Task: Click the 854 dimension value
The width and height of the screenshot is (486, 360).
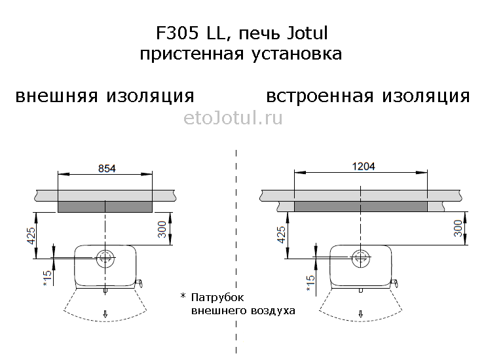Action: pyautogui.click(x=107, y=168)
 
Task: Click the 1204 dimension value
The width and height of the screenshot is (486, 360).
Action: pyautogui.click(x=364, y=166)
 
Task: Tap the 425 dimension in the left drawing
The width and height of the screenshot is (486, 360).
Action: pyautogui.click(x=32, y=236)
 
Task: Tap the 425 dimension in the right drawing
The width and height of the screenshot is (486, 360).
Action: pyautogui.click(x=281, y=234)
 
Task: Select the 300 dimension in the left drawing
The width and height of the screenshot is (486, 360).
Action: pyautogui.click(x=162, y=229)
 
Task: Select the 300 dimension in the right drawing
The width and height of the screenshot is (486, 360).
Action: pyautogui.click(x=458, y=228)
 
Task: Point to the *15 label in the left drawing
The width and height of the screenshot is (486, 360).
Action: pyautogui.click(x=47, y=278)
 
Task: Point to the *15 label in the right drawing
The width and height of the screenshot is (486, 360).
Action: pyautogui.click(x=310, y=283)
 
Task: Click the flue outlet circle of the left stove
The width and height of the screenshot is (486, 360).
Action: pyautogui.click(x=105, y=249)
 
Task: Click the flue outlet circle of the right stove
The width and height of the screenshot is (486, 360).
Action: pyautogui.click(x=360, y=249)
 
